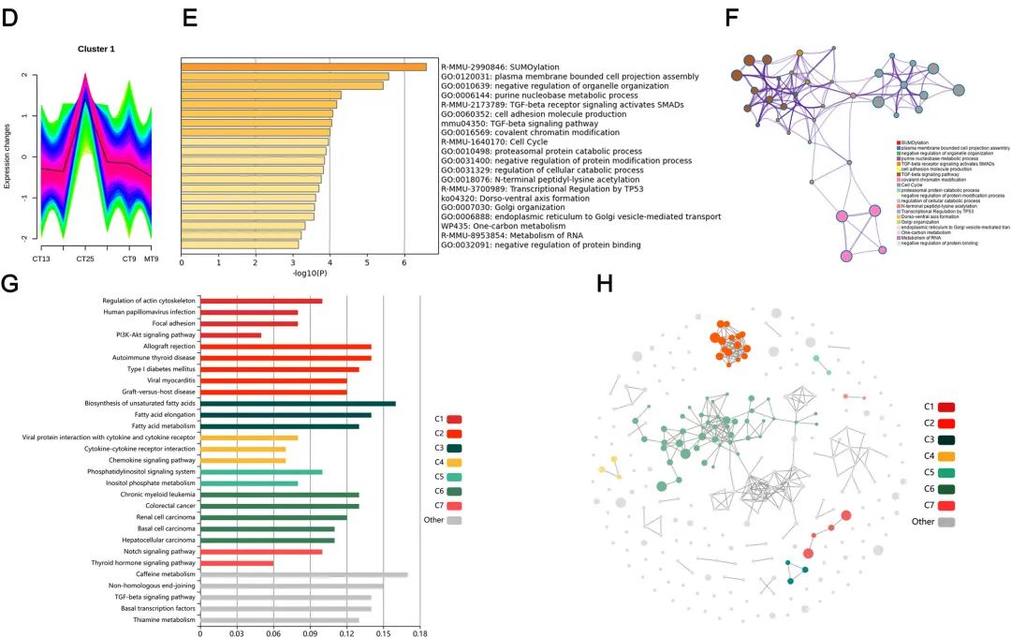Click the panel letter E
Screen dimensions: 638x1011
[x=191, y=18]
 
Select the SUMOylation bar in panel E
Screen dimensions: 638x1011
[x=303, y=67]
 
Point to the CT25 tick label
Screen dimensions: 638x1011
[x=86, y=258]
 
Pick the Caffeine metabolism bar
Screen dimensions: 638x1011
[x=303, y=574]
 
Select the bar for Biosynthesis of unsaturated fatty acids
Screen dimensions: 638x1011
[x=298, y=403]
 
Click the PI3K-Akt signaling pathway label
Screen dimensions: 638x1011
[x=155, y=334]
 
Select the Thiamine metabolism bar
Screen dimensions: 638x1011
[x=279, y=620]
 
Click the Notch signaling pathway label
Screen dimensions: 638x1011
[x=156, y=552]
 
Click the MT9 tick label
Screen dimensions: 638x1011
[x=151, y=258]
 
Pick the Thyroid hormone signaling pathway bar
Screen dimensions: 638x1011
[x=237, y=563]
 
